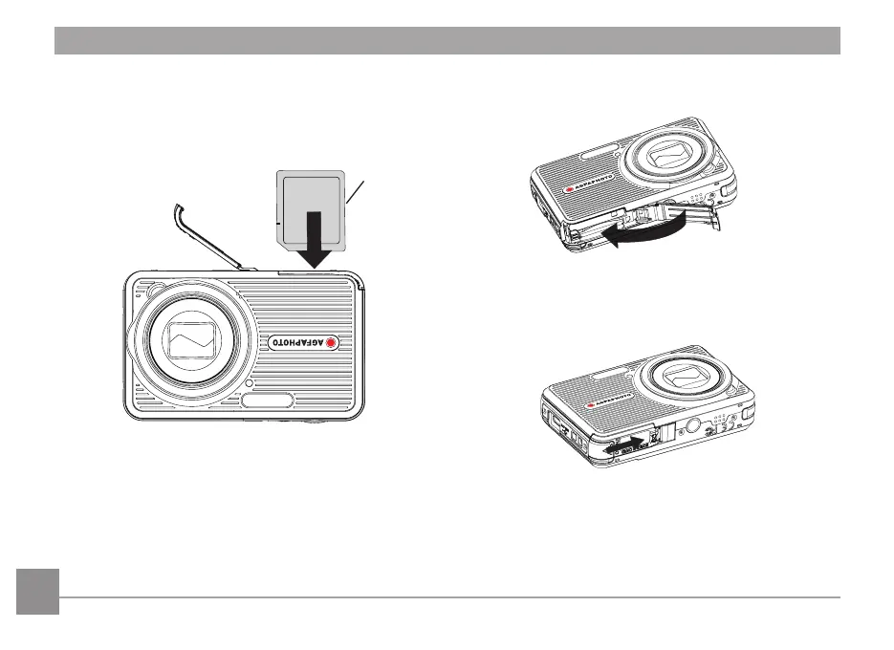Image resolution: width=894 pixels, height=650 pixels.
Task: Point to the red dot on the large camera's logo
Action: [x=332, y=343]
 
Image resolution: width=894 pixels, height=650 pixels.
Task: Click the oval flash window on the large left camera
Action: [x=269, y=401]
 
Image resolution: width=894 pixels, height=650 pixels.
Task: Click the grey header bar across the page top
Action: [x=447, y=41]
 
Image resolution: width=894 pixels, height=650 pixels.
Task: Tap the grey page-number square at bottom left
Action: [x=37, y=592]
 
